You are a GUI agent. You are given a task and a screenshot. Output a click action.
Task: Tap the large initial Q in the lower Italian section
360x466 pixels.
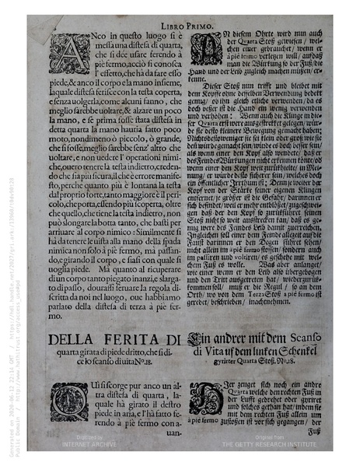[65, 398]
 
